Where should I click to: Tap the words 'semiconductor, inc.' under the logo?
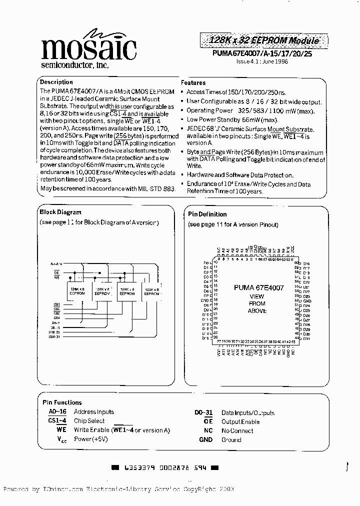click(x=74, y=65)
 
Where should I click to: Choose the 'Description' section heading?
click(x=56, y=82)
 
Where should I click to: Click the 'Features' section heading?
click(x=193, y=83)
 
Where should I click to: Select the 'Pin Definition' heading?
click(x=207, y=214)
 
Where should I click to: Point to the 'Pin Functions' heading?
click(x=62, y=402)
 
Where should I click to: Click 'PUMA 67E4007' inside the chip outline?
click(x=258, y=288)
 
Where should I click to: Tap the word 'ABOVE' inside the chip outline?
click(x=257, y=311)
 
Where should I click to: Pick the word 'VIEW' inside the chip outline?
click(x=257, y=296)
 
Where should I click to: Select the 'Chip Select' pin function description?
click(x=89, y=421)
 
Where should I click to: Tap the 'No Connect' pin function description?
click(x=237, y=431)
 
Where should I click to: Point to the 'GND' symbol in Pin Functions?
click(x=205, y=440)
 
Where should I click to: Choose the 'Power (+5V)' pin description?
click(x=90, y=439)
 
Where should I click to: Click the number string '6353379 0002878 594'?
click(x=165, y=468)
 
